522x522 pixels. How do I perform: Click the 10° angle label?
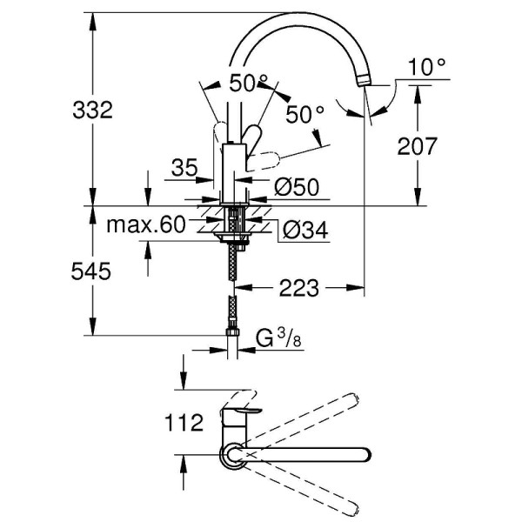click(x=426, y=65)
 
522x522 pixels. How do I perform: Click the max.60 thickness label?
click(x=146, y=225)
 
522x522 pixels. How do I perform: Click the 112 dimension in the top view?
click(x=184, y=423)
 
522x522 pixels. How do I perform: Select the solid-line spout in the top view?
click(x=304, y=453)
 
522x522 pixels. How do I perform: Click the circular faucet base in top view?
click(x=232, y=453)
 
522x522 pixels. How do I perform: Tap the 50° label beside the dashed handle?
click(x=304, y=113)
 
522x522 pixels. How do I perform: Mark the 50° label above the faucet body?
click(x=249, y=84)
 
